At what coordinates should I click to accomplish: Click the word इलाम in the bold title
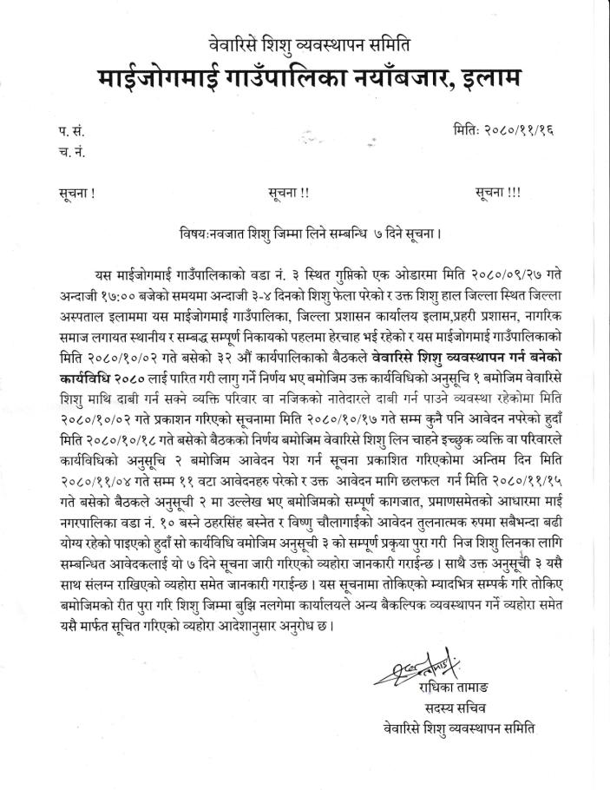481,81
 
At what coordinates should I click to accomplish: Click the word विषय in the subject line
192,233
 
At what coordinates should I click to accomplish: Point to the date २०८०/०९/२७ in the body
502,273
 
